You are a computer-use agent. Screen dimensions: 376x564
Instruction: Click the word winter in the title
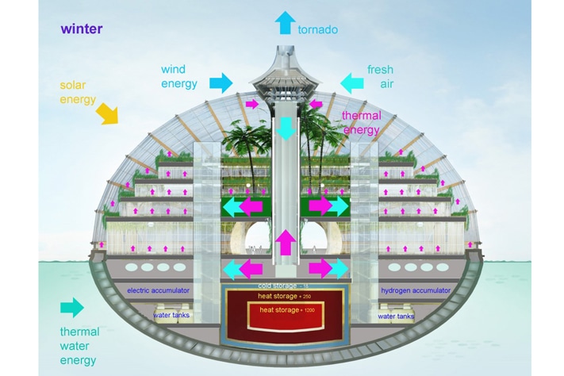(x=81, y=29)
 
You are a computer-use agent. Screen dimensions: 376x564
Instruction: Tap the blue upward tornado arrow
(x=285, y=21)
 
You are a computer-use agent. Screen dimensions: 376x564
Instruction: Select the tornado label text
(x=318, y=30)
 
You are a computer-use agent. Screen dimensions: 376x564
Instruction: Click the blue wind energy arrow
(x=221, y=81)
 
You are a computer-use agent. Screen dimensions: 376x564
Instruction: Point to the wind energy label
(x=179, y=76)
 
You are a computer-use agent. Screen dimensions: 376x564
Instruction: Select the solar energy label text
(x=78, y=92)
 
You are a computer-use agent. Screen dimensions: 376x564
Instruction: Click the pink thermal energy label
(x=361, y=123)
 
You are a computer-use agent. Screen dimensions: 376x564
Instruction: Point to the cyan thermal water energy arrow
(x=71, y=307)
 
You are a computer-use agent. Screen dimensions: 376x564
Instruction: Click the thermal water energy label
(x=79, y=346)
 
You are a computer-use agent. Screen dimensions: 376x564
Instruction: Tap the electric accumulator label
(x=159, y=290)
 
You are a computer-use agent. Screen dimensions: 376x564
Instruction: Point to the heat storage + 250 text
(x=283, y=296)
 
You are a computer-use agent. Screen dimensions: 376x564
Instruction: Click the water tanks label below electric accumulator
(x=171, y=316)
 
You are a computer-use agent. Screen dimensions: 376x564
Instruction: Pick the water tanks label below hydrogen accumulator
(x=396, y=316)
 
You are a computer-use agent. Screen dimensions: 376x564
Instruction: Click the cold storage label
(x=279, y=285)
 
